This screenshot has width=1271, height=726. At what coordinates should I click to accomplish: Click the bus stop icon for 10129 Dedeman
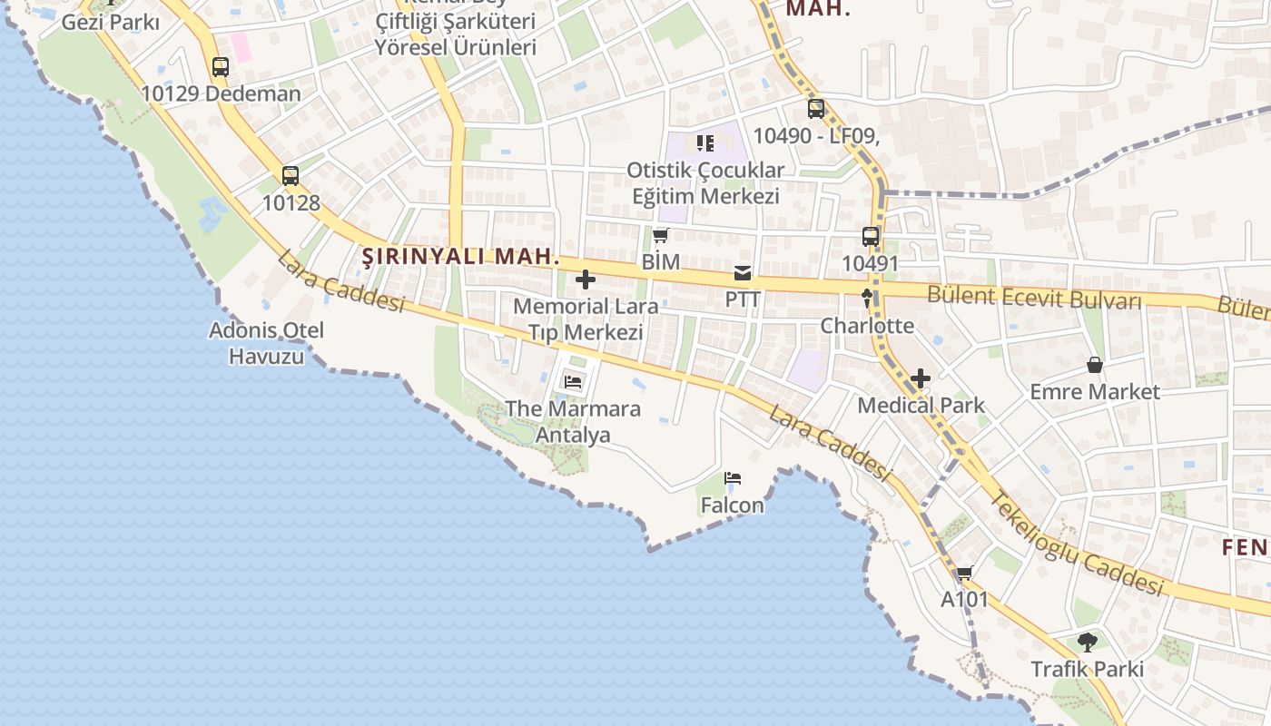click(221, 66)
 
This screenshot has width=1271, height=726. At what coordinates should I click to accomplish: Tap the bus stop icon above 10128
click(291, 176)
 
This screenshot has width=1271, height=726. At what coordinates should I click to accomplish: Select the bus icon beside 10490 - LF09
click(816, 109)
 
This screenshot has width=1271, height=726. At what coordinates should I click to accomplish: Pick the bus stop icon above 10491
click(871, 237)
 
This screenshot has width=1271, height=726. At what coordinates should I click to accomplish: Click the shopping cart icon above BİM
click(660, 236)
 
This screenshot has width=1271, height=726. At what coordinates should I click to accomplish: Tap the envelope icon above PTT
click(743, 273)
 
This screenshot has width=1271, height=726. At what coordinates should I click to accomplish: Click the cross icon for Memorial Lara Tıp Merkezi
click(586, 280)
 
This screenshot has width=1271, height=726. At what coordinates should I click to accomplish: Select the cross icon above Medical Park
click(921, 378)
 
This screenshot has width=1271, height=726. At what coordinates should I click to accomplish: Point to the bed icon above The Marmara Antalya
click(573, 381)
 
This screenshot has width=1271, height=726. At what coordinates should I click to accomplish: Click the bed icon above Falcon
click(733, 478)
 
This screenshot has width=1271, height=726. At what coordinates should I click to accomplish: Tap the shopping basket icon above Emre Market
click(1095, 365)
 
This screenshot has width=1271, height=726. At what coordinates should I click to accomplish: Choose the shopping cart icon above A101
click(964, 573)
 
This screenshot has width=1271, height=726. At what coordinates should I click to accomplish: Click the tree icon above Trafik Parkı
click(1087, 643)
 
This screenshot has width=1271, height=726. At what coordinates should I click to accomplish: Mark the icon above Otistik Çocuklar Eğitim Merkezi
click(705, 143)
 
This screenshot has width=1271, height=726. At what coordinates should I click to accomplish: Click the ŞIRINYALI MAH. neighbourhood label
click(461, 257)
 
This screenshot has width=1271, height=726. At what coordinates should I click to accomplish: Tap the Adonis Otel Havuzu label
click(266, 343)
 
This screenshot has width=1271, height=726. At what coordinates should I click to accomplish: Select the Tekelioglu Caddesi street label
click(1076, 544)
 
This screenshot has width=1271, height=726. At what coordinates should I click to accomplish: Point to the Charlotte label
click(867, 325)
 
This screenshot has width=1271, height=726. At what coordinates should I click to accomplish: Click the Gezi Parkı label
click(111, 22)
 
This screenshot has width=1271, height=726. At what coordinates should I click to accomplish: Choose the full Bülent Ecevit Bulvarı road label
click(1033, 297)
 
